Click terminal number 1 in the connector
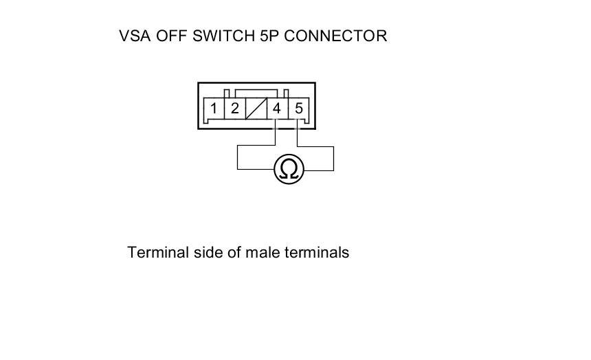coord(214,109)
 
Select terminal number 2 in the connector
coord(235,109)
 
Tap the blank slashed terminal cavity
coord(256,109)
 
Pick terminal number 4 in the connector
coord(277,109)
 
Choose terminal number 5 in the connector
coord(298,109)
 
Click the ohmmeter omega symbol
coord(289,169)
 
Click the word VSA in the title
coord(135,36)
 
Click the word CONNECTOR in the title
coord(335,36)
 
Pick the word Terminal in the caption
coord(158,252)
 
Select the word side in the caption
coord(208,252)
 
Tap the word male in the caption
coord(263,252)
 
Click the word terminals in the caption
coord(317,252)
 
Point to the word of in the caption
coord(234,252)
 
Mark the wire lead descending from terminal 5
coord(333,158)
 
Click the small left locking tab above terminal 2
coord(227,93)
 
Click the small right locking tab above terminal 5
coord(286,93)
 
